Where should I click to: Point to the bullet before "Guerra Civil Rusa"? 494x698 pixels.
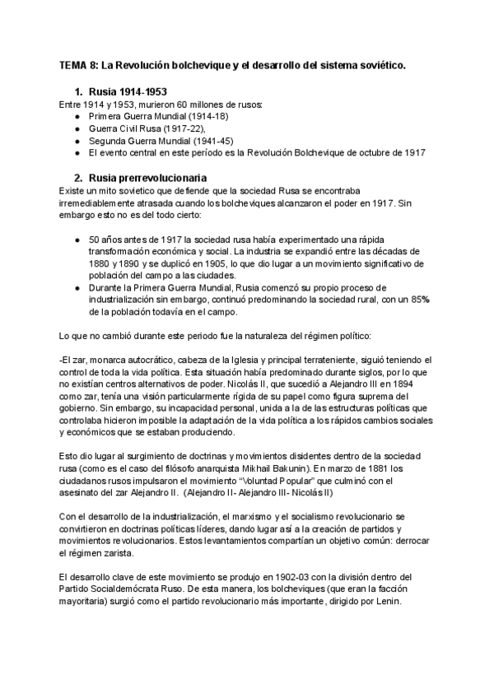click(77, 129)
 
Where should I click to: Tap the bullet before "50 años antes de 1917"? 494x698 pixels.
click(77, 239)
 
